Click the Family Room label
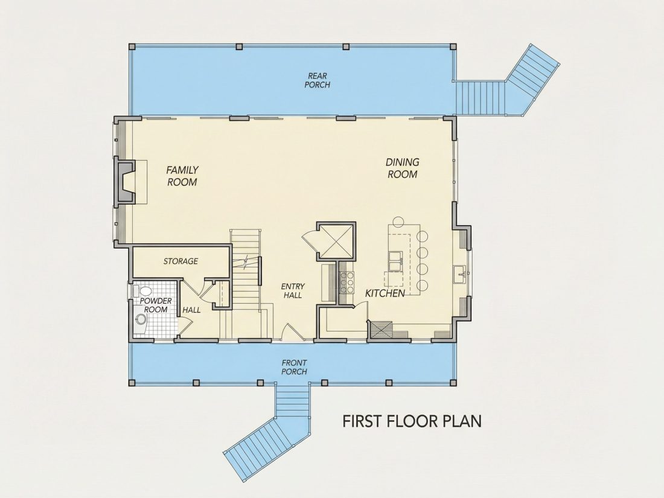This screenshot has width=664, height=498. [182, 176]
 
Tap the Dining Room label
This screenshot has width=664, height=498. [402, 168]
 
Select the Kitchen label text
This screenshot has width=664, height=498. [385, 293]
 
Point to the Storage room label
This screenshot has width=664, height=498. [181, 261]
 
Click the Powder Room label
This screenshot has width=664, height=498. [156, 305]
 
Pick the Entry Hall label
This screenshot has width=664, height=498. [293, 291]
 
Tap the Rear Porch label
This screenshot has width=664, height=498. [317, 80]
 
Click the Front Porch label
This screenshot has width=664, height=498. [295, 367]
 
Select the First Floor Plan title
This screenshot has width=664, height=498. [412, 421]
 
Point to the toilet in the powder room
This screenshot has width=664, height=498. [143, 292]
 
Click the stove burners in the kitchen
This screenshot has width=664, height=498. [350, 283]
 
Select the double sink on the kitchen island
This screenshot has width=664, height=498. [395, 261]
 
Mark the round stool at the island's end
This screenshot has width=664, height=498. [398, 222]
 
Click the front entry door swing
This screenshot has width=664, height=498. [292, 331]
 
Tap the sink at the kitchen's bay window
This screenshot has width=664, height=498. [459, 275]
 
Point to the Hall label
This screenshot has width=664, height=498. [191, 310]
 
